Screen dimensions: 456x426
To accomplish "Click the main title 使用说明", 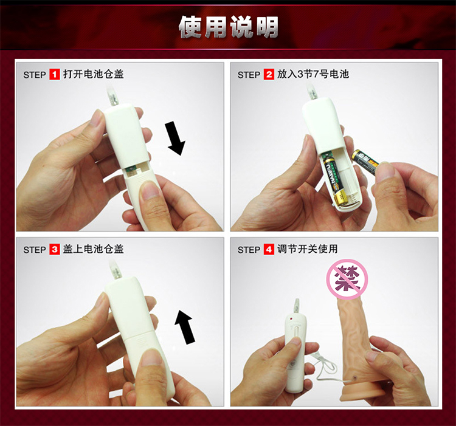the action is click(229, 27).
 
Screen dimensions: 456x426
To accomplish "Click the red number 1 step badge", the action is click(54, 74).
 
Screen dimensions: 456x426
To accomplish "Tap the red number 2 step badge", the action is click(269, 74).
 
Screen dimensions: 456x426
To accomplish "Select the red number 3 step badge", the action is click(54, 249).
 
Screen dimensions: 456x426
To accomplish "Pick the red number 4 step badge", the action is click(269, 249).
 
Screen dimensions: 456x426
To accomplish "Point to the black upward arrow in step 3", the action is click(185, 327).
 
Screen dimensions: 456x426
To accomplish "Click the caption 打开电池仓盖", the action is click(94, 74).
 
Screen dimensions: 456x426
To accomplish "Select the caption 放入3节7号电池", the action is click(313, 74).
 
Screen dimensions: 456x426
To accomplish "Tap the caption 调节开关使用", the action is click(308, 249).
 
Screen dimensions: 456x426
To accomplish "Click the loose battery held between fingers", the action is click(365, 162).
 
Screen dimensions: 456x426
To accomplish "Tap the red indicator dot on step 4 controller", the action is click(291, 319).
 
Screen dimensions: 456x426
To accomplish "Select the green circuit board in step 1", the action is click(133, 171).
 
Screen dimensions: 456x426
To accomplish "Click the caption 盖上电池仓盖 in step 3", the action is click(94, 249).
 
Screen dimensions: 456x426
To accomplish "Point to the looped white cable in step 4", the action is click(327, 366).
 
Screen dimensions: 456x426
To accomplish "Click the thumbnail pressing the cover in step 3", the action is click(151, 359).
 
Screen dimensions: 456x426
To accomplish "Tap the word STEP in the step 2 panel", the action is click(249, 75).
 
